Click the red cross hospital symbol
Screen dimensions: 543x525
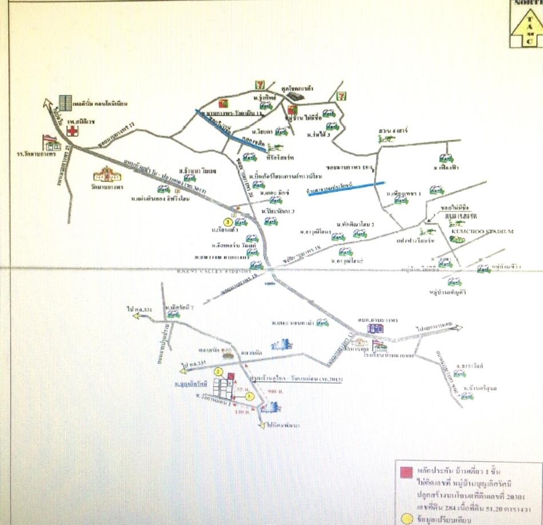pyautogui.click(x=72, y=130)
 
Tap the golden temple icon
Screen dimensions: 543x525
pyautogui.click(x=107, y=173)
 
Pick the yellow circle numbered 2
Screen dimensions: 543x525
pyautogui.click(x=218, y=371)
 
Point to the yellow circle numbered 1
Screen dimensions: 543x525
pyautogui.click(x=249, y=396)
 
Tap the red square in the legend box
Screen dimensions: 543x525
pyautogui.click(x=406, y=472)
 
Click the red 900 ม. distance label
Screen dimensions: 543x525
pyautogui.click(x=273, y=391)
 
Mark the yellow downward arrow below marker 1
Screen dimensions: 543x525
pyautogui.click(x=262, y=425)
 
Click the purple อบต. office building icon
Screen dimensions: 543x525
pyautogui.click(x=375, y=328)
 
